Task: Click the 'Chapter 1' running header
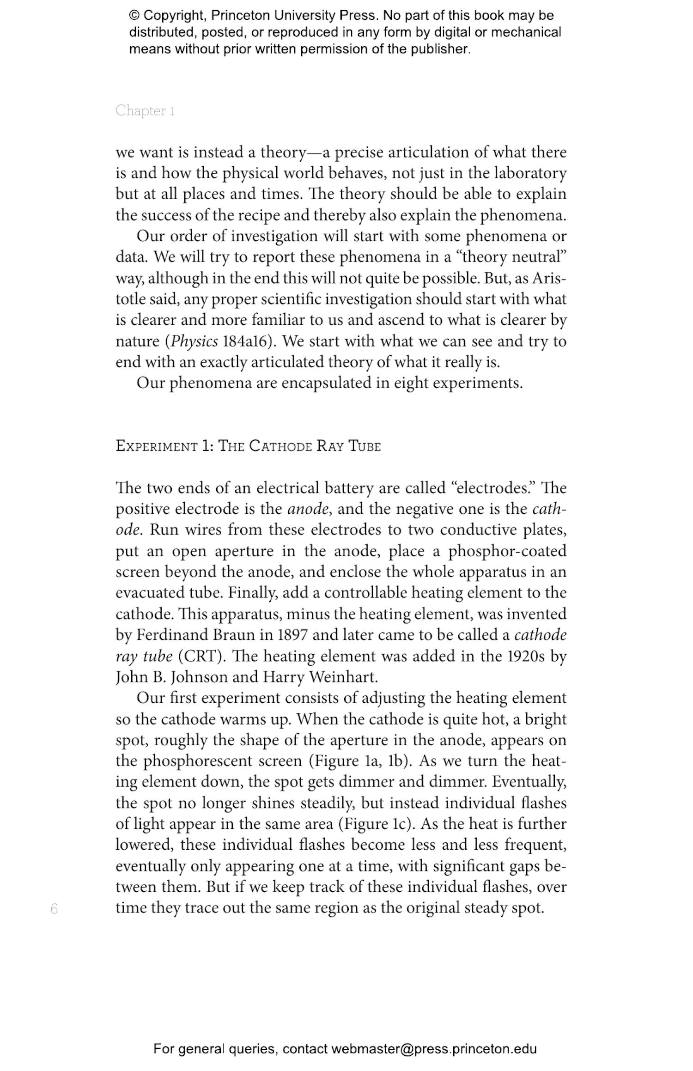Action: pyautogui.click(x=145, y=110)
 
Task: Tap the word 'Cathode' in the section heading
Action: pyautogui.click(x=280, y=446)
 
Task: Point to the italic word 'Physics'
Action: pyautogui.click(x=195, y=341)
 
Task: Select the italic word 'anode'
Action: pyautogui.click(x=308, y=509)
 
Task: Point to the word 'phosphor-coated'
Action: pyautogui.click(x=507, y=551)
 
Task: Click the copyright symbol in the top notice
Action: pyautogui.click(x=134, y=16)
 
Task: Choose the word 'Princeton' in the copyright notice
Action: pyautogui.click(x=240, y=16)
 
